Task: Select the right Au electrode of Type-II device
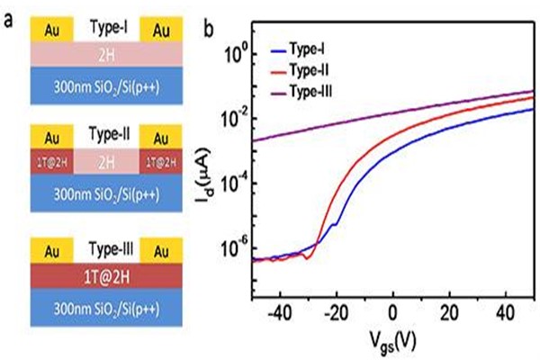163,138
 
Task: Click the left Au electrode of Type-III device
46,247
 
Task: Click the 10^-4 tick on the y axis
232,184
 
